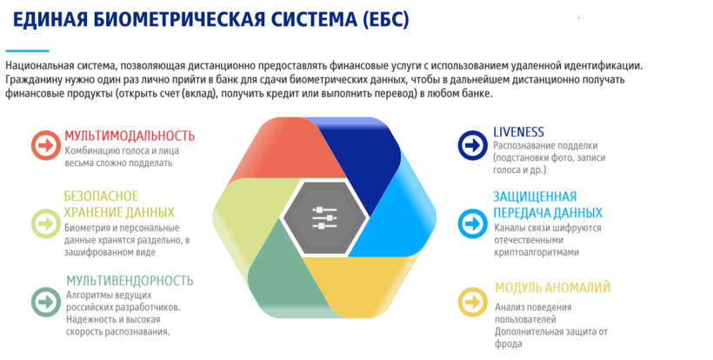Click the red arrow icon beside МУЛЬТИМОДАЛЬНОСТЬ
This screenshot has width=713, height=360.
(46, 145)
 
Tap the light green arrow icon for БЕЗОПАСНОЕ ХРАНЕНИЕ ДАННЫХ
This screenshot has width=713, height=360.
(46, 223)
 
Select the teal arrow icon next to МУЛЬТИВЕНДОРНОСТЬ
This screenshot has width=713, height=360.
(46, 303)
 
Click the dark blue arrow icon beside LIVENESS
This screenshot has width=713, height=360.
(472, 145)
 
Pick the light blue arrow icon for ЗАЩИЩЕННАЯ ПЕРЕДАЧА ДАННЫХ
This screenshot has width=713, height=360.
(472, 223)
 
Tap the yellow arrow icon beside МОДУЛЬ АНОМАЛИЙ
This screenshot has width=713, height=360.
(472, 302)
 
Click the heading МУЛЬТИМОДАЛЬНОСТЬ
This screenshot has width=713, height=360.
(130, 136)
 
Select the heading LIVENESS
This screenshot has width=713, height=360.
(518, 132)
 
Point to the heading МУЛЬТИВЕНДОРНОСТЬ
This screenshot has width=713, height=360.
(130, 281)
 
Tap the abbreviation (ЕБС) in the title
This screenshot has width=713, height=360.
(387, 19)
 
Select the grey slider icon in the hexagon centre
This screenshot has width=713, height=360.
(324, 217)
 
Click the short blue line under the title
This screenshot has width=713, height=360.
(27, 51)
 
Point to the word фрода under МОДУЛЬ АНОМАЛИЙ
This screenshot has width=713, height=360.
(509, 343)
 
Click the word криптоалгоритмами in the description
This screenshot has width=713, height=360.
(536, 252)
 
